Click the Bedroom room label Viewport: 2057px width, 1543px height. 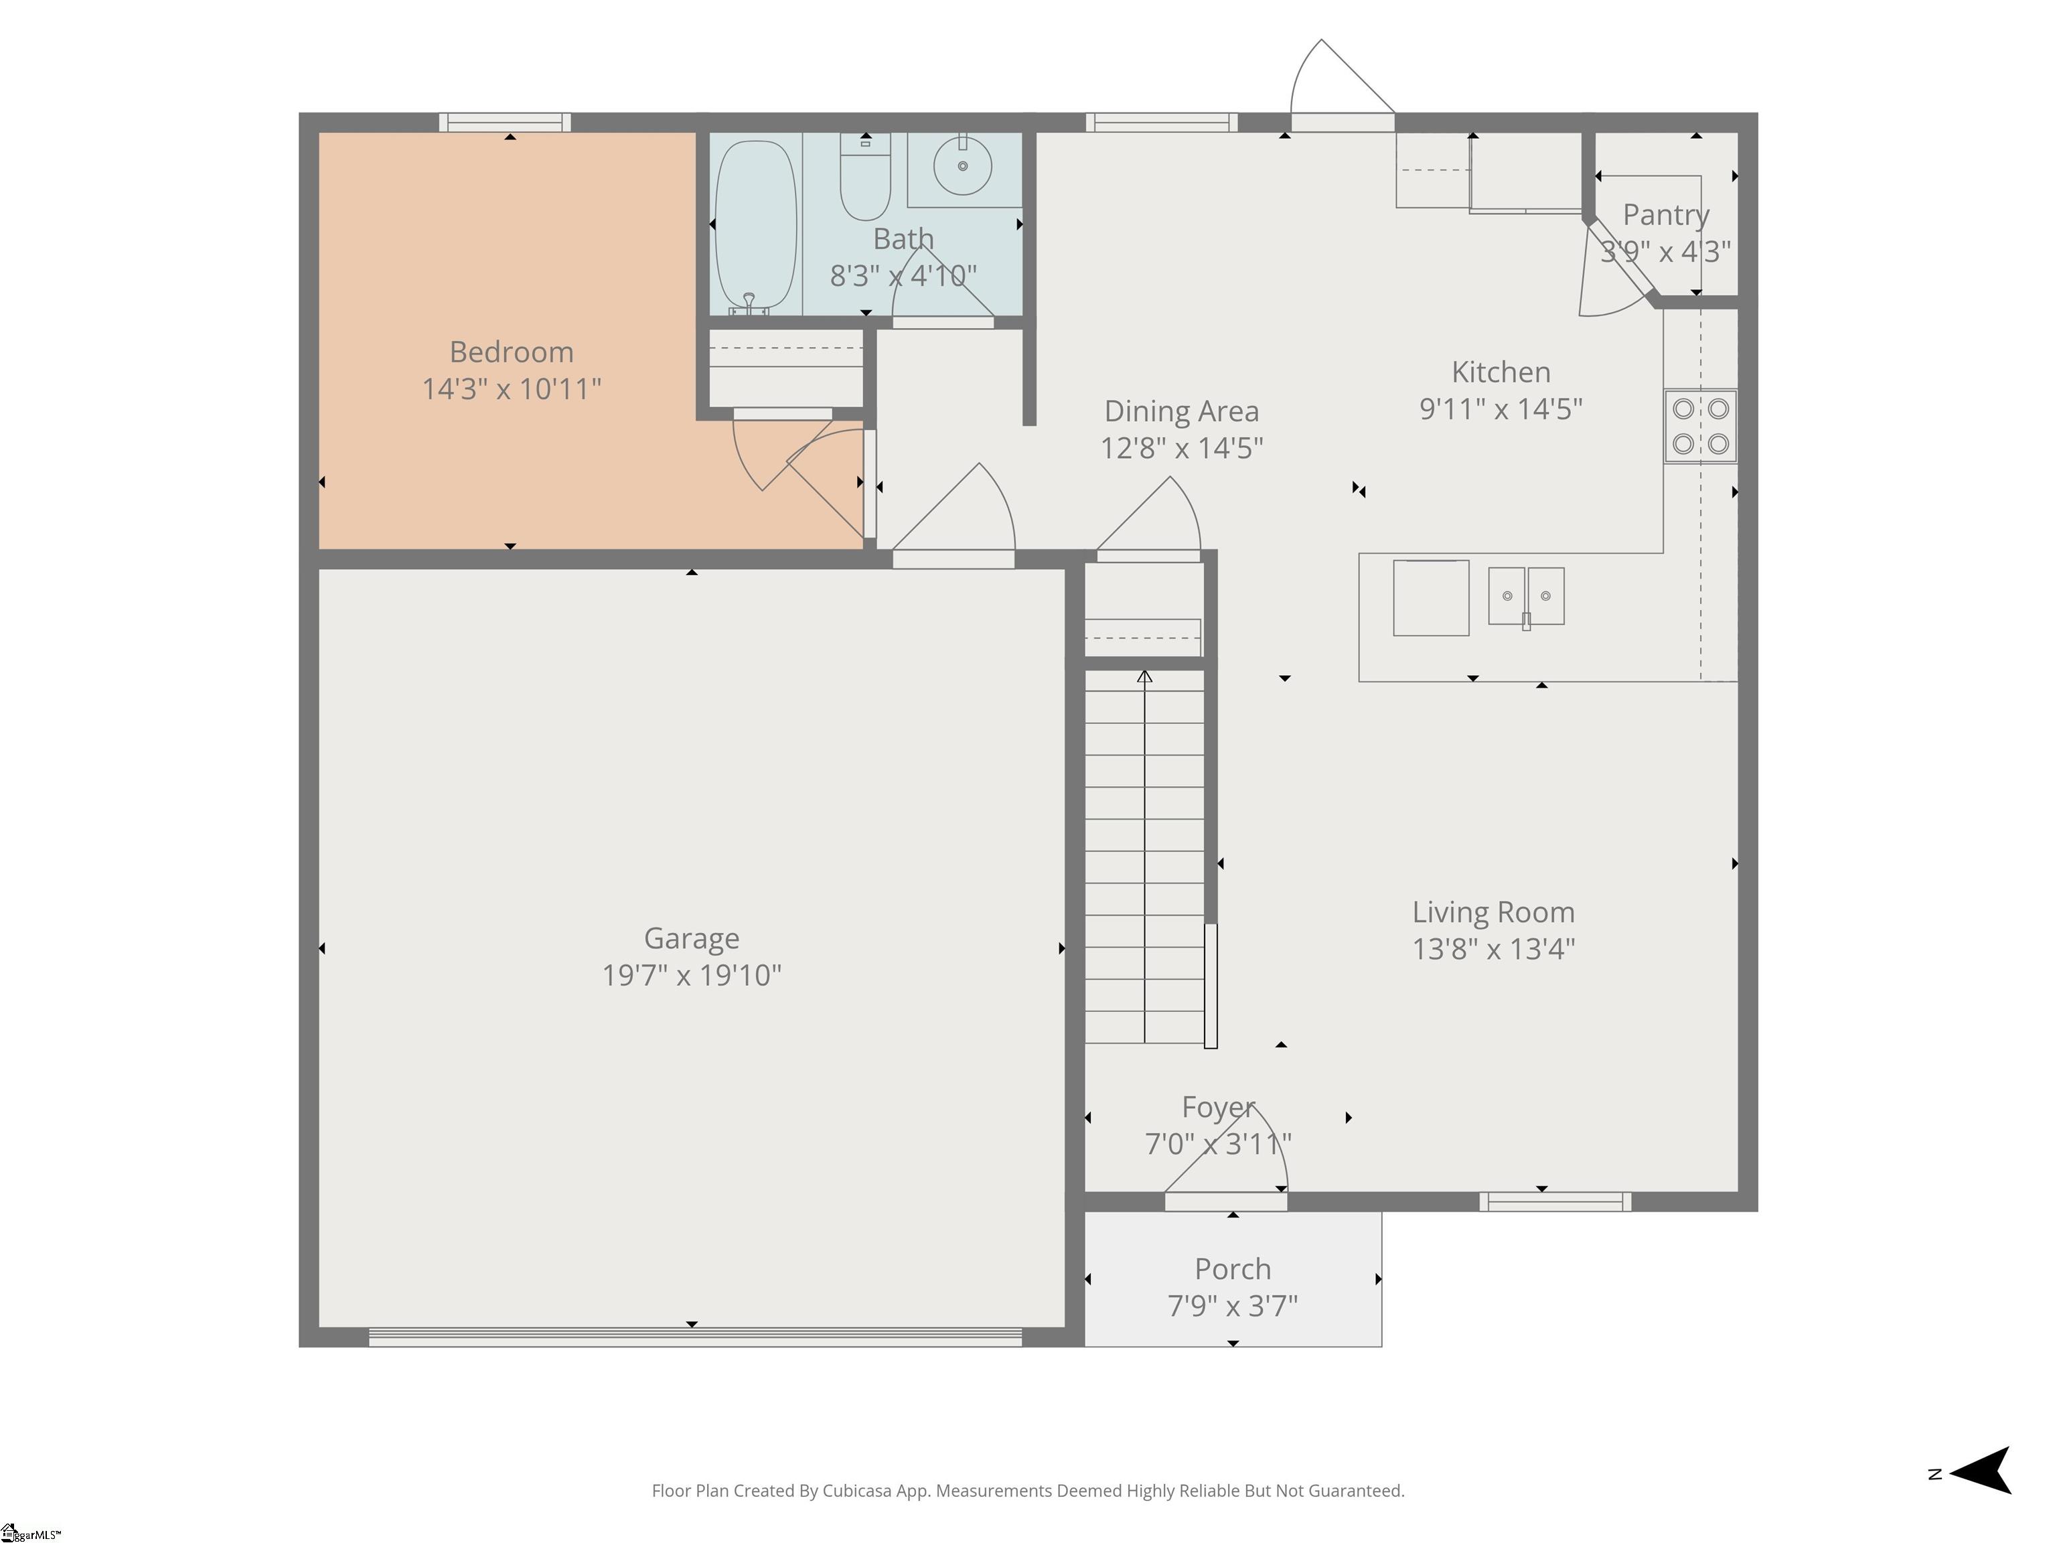512,352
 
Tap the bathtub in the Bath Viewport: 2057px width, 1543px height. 756,224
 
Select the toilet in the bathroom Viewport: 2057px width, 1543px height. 865,175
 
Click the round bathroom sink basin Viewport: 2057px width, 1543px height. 962,165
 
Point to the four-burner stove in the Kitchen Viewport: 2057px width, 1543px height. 1700,426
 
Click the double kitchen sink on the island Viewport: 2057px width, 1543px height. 1526,596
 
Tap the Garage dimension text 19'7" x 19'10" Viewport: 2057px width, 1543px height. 692,974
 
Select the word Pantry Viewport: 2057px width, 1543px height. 1665,215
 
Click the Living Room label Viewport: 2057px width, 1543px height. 1493,912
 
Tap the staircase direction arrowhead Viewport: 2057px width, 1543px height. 1145,676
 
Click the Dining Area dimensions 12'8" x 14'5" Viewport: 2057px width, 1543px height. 1182,448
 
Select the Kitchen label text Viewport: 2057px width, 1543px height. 1501,372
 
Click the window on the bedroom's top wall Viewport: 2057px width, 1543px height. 505,123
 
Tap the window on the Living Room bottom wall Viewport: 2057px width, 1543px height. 1555,1201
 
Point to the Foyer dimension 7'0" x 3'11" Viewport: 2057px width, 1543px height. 1218,1143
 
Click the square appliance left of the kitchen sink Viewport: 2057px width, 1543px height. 1431,598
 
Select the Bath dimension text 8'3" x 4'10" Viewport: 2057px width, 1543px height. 903,276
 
